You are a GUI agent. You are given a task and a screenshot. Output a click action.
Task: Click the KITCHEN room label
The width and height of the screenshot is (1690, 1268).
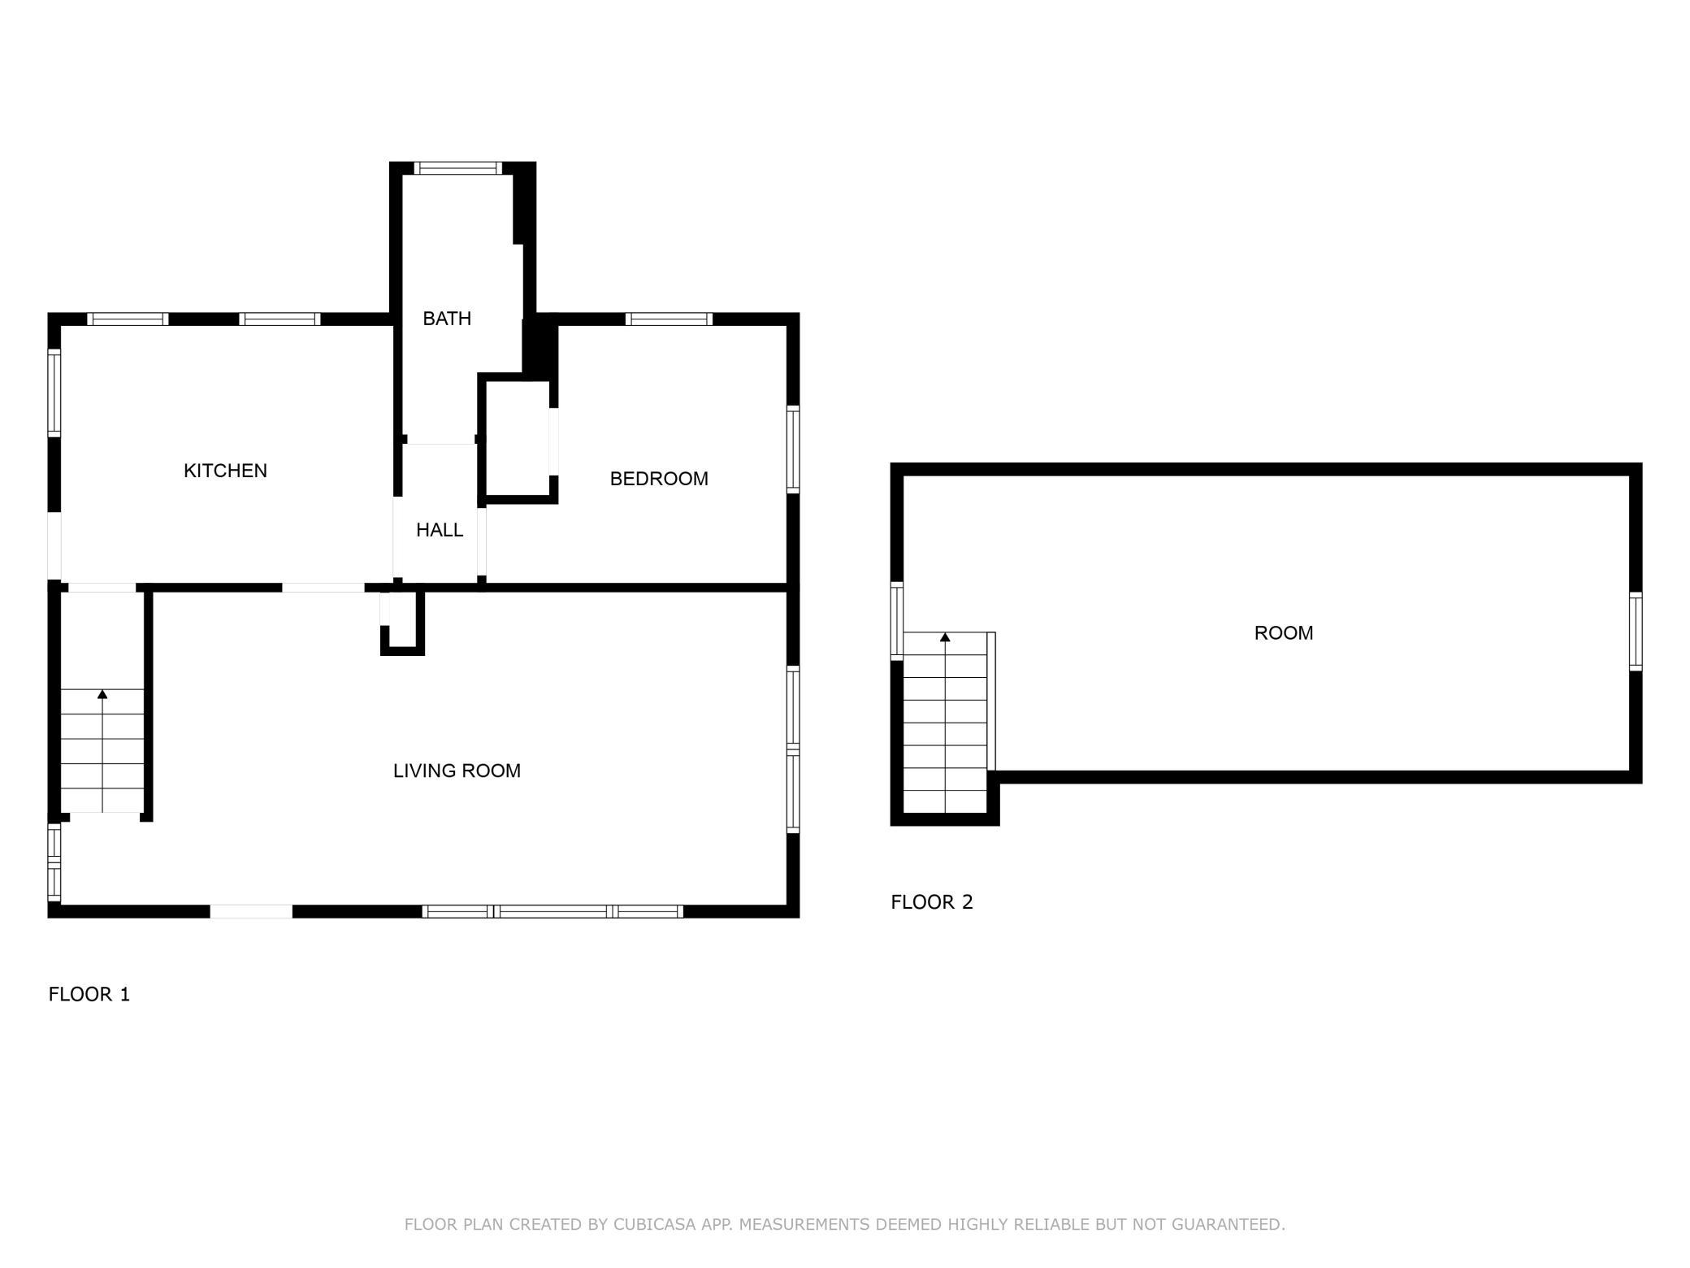(x=225, y=471)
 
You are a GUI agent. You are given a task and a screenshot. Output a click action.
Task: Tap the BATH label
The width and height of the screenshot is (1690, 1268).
(x=447, y=319)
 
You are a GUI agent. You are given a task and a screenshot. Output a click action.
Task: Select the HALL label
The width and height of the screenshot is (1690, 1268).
(x=440, y=530)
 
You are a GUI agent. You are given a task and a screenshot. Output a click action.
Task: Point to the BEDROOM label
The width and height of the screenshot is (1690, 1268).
(x=659, y=479)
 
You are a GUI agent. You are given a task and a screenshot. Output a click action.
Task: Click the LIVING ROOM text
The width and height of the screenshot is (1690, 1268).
(x=457, y=771)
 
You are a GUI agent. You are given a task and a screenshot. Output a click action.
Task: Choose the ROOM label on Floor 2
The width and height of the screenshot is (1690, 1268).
(x=1283, y=633)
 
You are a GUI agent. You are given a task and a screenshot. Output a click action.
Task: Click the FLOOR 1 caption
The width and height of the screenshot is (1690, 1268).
(x=89, y=994)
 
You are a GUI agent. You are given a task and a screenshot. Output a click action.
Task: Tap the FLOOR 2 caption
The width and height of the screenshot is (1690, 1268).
(x=931, y=901)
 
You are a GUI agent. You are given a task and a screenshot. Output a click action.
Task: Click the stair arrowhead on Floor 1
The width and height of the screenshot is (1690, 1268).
(x=102, y=694)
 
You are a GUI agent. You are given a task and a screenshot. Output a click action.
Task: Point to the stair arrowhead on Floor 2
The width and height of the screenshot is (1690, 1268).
(x=945, y=637)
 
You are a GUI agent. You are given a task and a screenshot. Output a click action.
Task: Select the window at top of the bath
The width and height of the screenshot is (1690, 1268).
(x=458, y=168)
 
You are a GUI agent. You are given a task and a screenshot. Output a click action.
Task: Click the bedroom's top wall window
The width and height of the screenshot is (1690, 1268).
(x=669, y=319)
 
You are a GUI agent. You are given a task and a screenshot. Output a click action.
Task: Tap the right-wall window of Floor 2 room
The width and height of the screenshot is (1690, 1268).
(x=1636, y=632)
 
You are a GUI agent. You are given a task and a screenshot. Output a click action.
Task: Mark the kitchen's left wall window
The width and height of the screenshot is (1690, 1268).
(x=54, y=393)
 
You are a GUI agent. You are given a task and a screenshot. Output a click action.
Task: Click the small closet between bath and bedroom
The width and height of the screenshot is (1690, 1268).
(x=517, y=439)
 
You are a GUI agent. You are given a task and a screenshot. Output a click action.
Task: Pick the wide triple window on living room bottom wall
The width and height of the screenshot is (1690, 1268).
(x=552, y=911)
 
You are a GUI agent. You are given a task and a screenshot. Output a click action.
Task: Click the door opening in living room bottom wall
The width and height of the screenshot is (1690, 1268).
(x=251, y=911)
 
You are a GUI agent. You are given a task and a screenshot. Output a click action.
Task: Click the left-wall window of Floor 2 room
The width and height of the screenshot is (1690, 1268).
(x=897, y=620)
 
